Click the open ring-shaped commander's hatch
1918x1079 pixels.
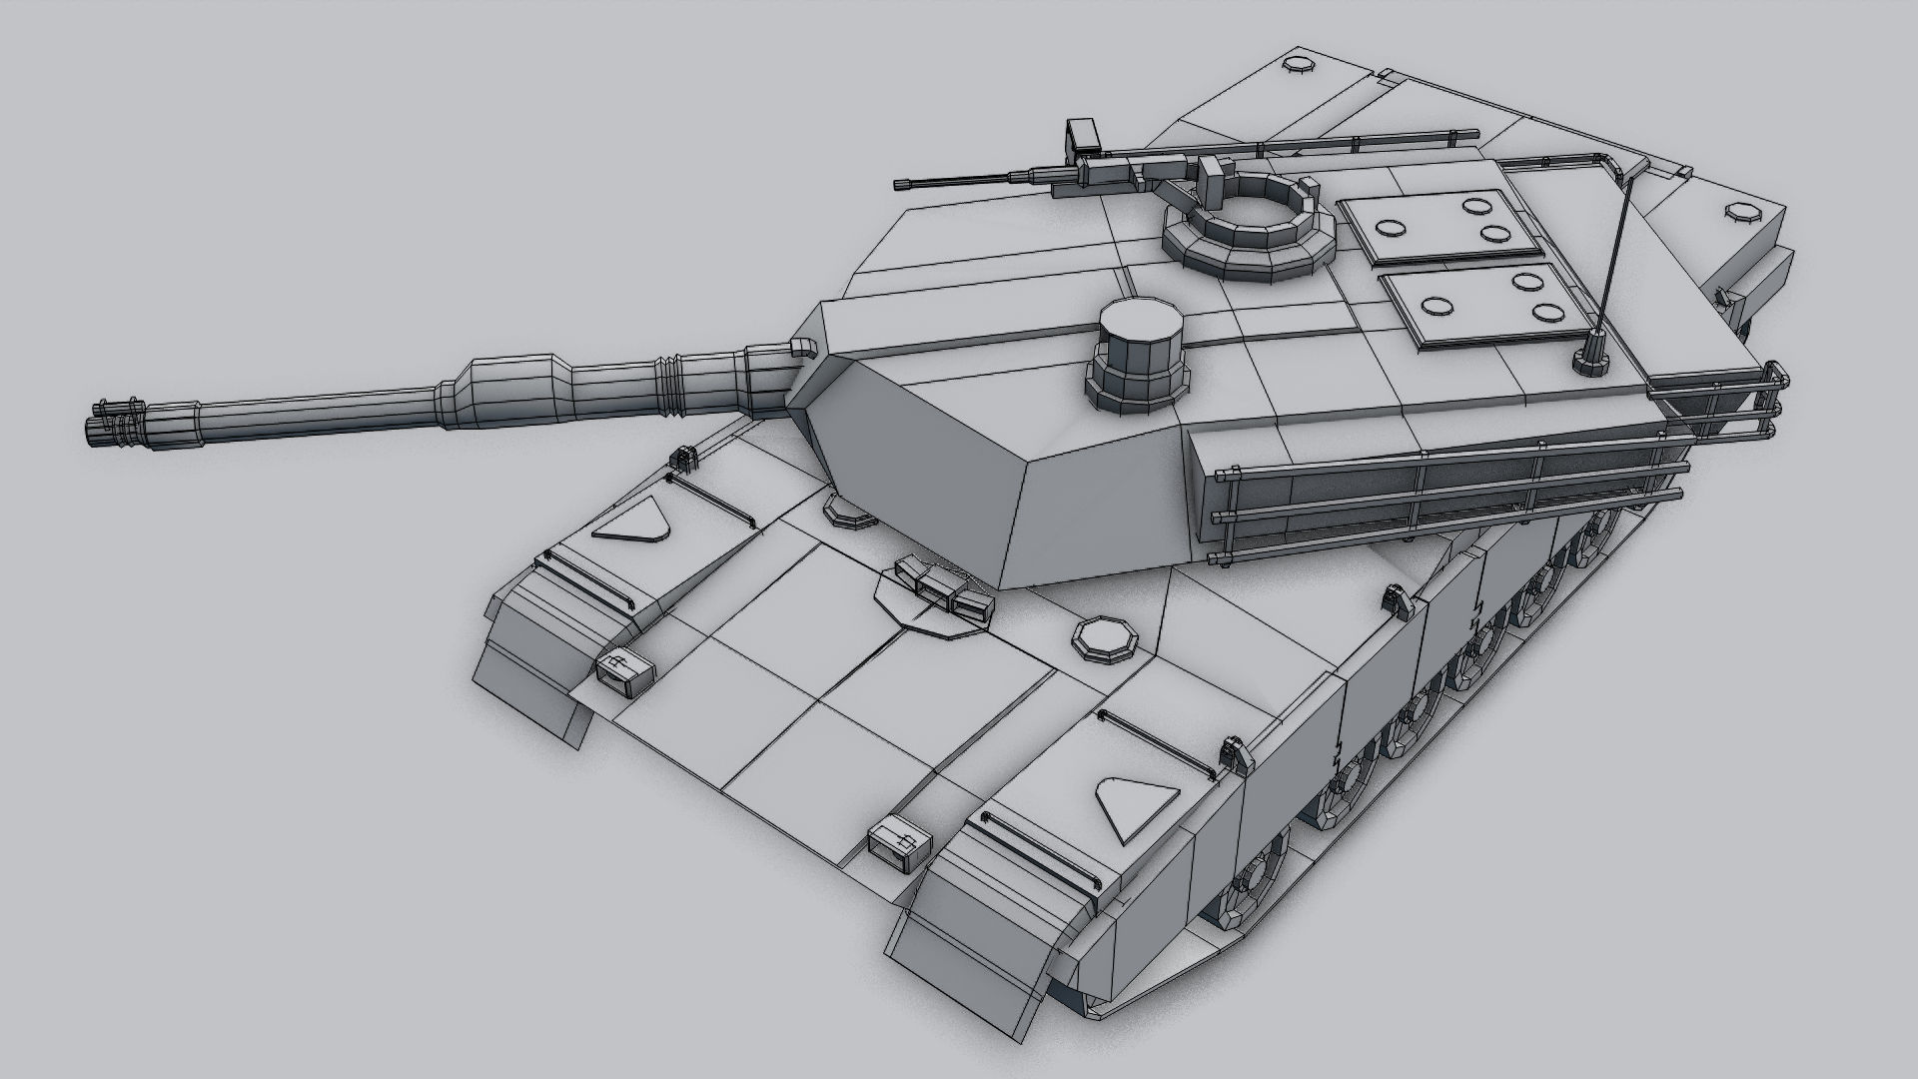coord(1248,227)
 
